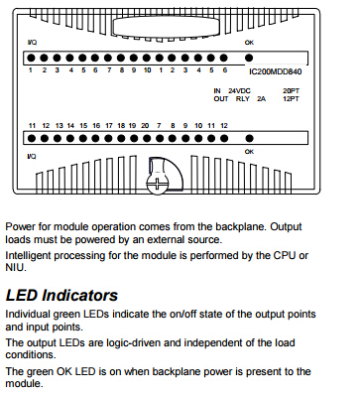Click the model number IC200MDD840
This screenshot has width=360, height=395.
(275, 71)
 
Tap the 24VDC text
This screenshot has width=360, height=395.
(239, 90)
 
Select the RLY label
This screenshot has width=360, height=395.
(243, 98)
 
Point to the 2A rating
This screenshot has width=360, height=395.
(261, 98)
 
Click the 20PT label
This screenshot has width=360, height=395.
(291, 90)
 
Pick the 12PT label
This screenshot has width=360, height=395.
(291, 98)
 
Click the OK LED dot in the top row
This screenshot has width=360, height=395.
(249, 58)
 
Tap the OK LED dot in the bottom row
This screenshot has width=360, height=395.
(250, 138)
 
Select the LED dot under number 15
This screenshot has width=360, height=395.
(83, 138)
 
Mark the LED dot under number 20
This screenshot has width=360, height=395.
(147, 138)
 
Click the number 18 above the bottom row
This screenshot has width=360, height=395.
(121, 126)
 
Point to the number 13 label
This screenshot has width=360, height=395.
(60, 126)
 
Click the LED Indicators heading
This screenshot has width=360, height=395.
(61, 295)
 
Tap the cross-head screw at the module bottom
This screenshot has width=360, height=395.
(157, 184)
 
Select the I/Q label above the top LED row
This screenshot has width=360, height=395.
(32, 43)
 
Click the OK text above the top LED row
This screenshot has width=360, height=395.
(249, 43)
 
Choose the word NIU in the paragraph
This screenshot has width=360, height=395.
(15, 267)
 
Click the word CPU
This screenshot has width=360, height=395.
(284, 255)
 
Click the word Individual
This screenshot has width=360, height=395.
(28, 314)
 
